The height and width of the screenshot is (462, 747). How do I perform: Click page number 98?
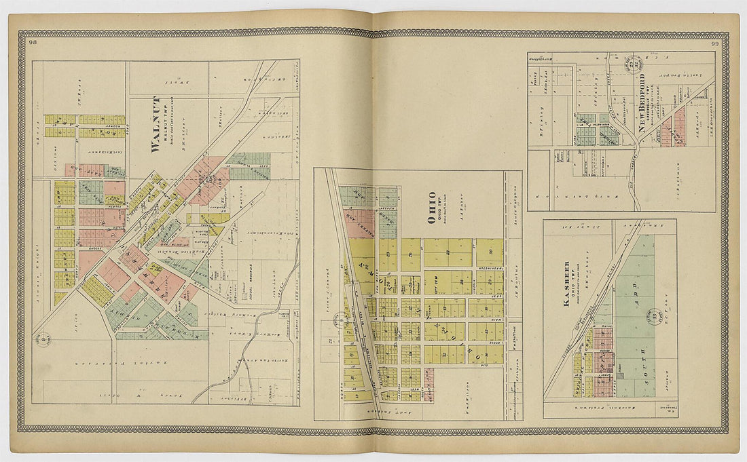(34, 43)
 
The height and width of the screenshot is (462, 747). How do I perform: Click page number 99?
(714, 44)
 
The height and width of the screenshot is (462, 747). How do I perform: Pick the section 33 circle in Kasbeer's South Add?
(654, 315)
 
